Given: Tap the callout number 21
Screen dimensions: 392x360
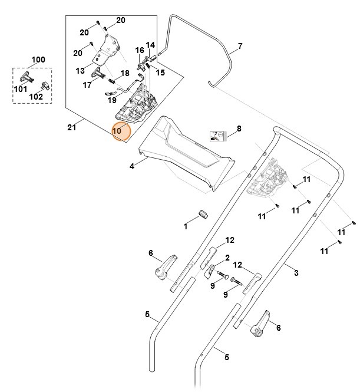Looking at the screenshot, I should tap(72, 126).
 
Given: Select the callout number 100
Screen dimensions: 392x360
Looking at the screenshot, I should tap(38, 60).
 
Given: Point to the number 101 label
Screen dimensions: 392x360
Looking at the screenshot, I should tap(21, 89).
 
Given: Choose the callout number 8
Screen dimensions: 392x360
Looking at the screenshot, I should tap(239, 128).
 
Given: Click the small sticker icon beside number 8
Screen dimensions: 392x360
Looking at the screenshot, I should tap(218, 136).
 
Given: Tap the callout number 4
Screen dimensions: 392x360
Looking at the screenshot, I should tap(132, 167).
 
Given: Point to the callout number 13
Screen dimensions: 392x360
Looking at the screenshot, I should tap(81, 71).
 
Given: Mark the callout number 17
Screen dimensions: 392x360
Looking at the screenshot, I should tap(87, 85).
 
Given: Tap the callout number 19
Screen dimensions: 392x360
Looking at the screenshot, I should tap(112, 101).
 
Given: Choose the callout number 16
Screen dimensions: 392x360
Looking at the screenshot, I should tap(140, 51).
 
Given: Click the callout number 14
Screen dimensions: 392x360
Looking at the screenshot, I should tap(150, 45).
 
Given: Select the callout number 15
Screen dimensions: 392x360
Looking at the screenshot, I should tap(160, 73).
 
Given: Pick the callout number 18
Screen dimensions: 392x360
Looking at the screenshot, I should tap(125, 73).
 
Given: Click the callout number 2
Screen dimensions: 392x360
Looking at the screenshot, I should tap(226, 258).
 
